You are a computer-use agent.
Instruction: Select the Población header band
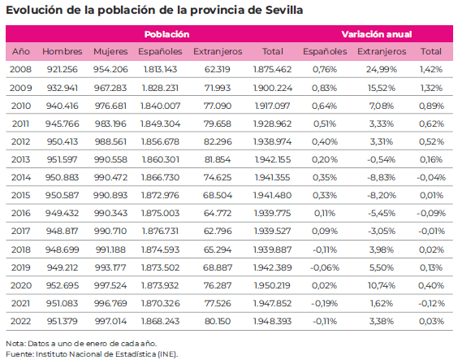[166, 34]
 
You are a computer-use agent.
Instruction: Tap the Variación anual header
[376, 34]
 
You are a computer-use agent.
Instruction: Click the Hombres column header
[63, 51]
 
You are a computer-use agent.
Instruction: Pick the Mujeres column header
[110, 51]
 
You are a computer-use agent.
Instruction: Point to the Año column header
[20, 51]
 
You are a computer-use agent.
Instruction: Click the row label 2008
[20, 69]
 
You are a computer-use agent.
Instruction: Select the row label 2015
[20, 195]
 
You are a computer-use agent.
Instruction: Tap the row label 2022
[20, 321]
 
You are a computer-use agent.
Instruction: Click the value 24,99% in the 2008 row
[381, 69]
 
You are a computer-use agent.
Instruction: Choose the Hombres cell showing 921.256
[63, 69]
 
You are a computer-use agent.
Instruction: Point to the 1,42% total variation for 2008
[430, 69]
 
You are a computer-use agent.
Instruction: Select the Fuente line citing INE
[91, 353]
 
